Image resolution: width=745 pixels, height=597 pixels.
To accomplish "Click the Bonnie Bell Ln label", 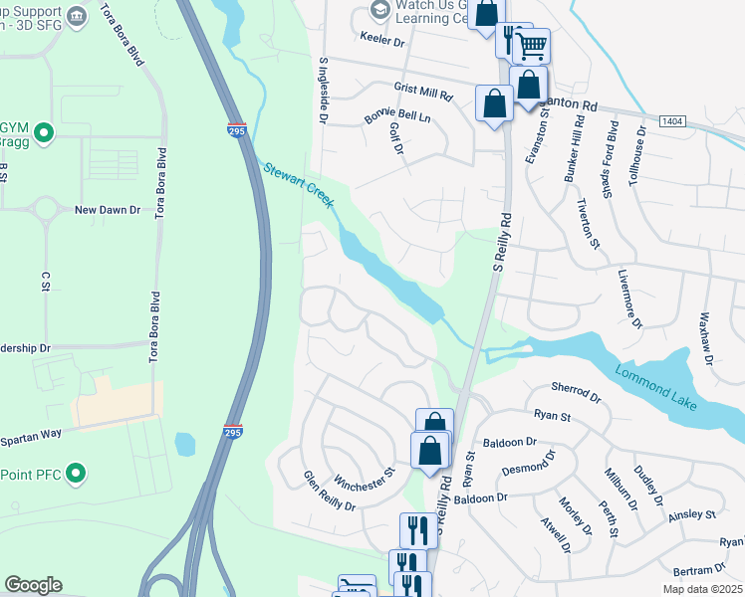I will pos(396,117).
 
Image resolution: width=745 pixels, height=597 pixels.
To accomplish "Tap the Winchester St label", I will pos(366,480).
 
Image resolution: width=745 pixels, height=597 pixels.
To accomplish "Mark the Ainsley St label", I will pos(692,513).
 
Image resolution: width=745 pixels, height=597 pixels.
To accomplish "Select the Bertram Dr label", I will pos(699,570).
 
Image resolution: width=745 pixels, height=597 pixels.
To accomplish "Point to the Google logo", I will pos(34,585).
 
